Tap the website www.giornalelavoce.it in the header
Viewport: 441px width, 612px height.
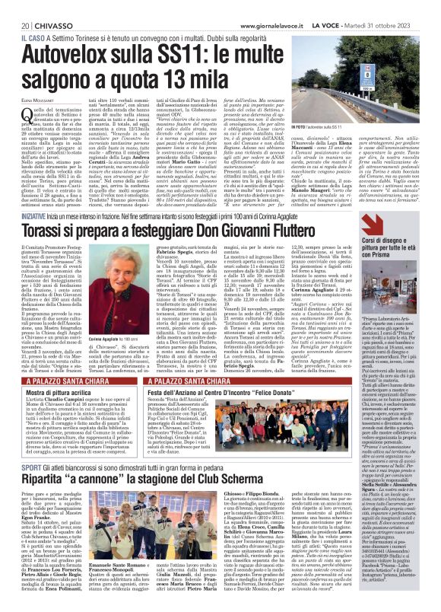click(283, 8)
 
